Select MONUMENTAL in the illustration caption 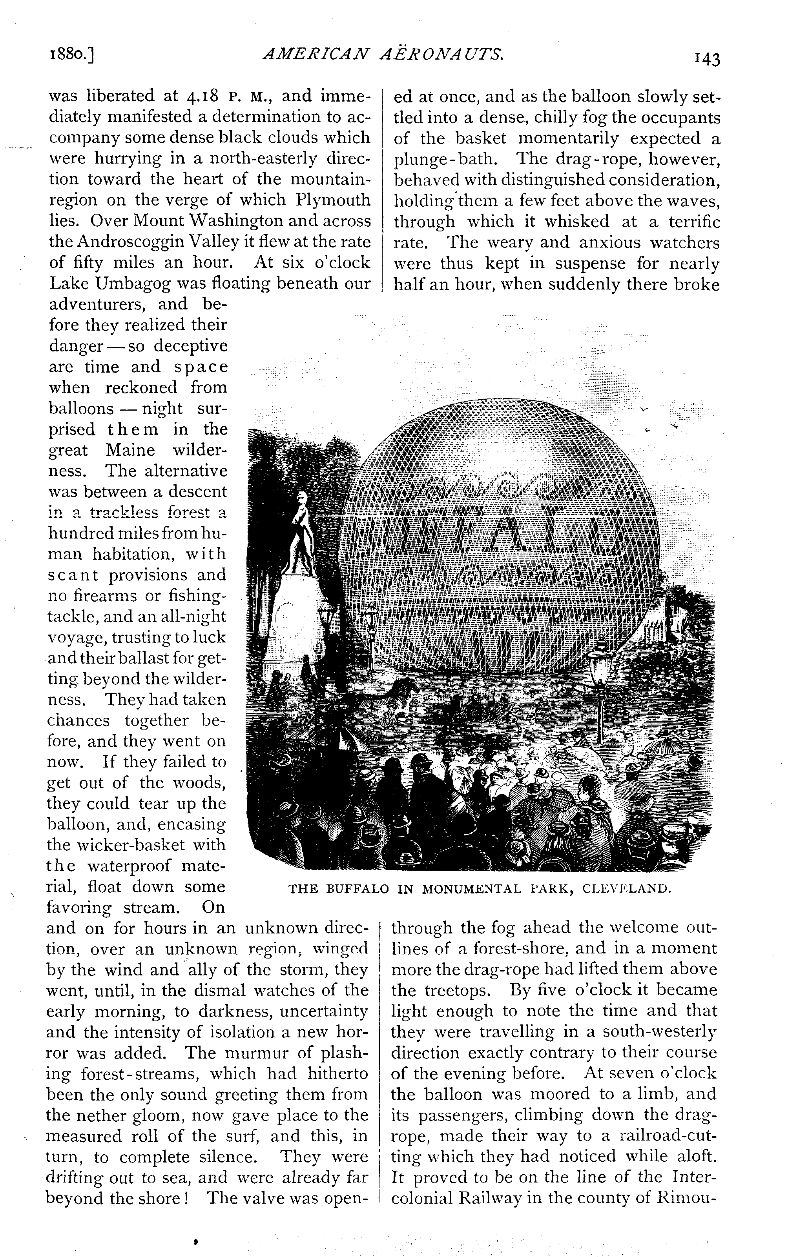click(471, 888)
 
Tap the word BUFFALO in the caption click(358, 888)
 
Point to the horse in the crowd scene click(396, 695)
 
